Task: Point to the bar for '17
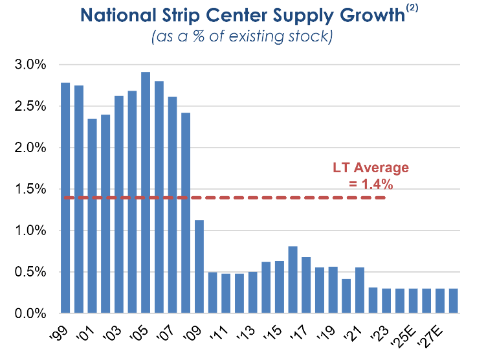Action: pos(306,285)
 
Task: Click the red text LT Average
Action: pos(371,168)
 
